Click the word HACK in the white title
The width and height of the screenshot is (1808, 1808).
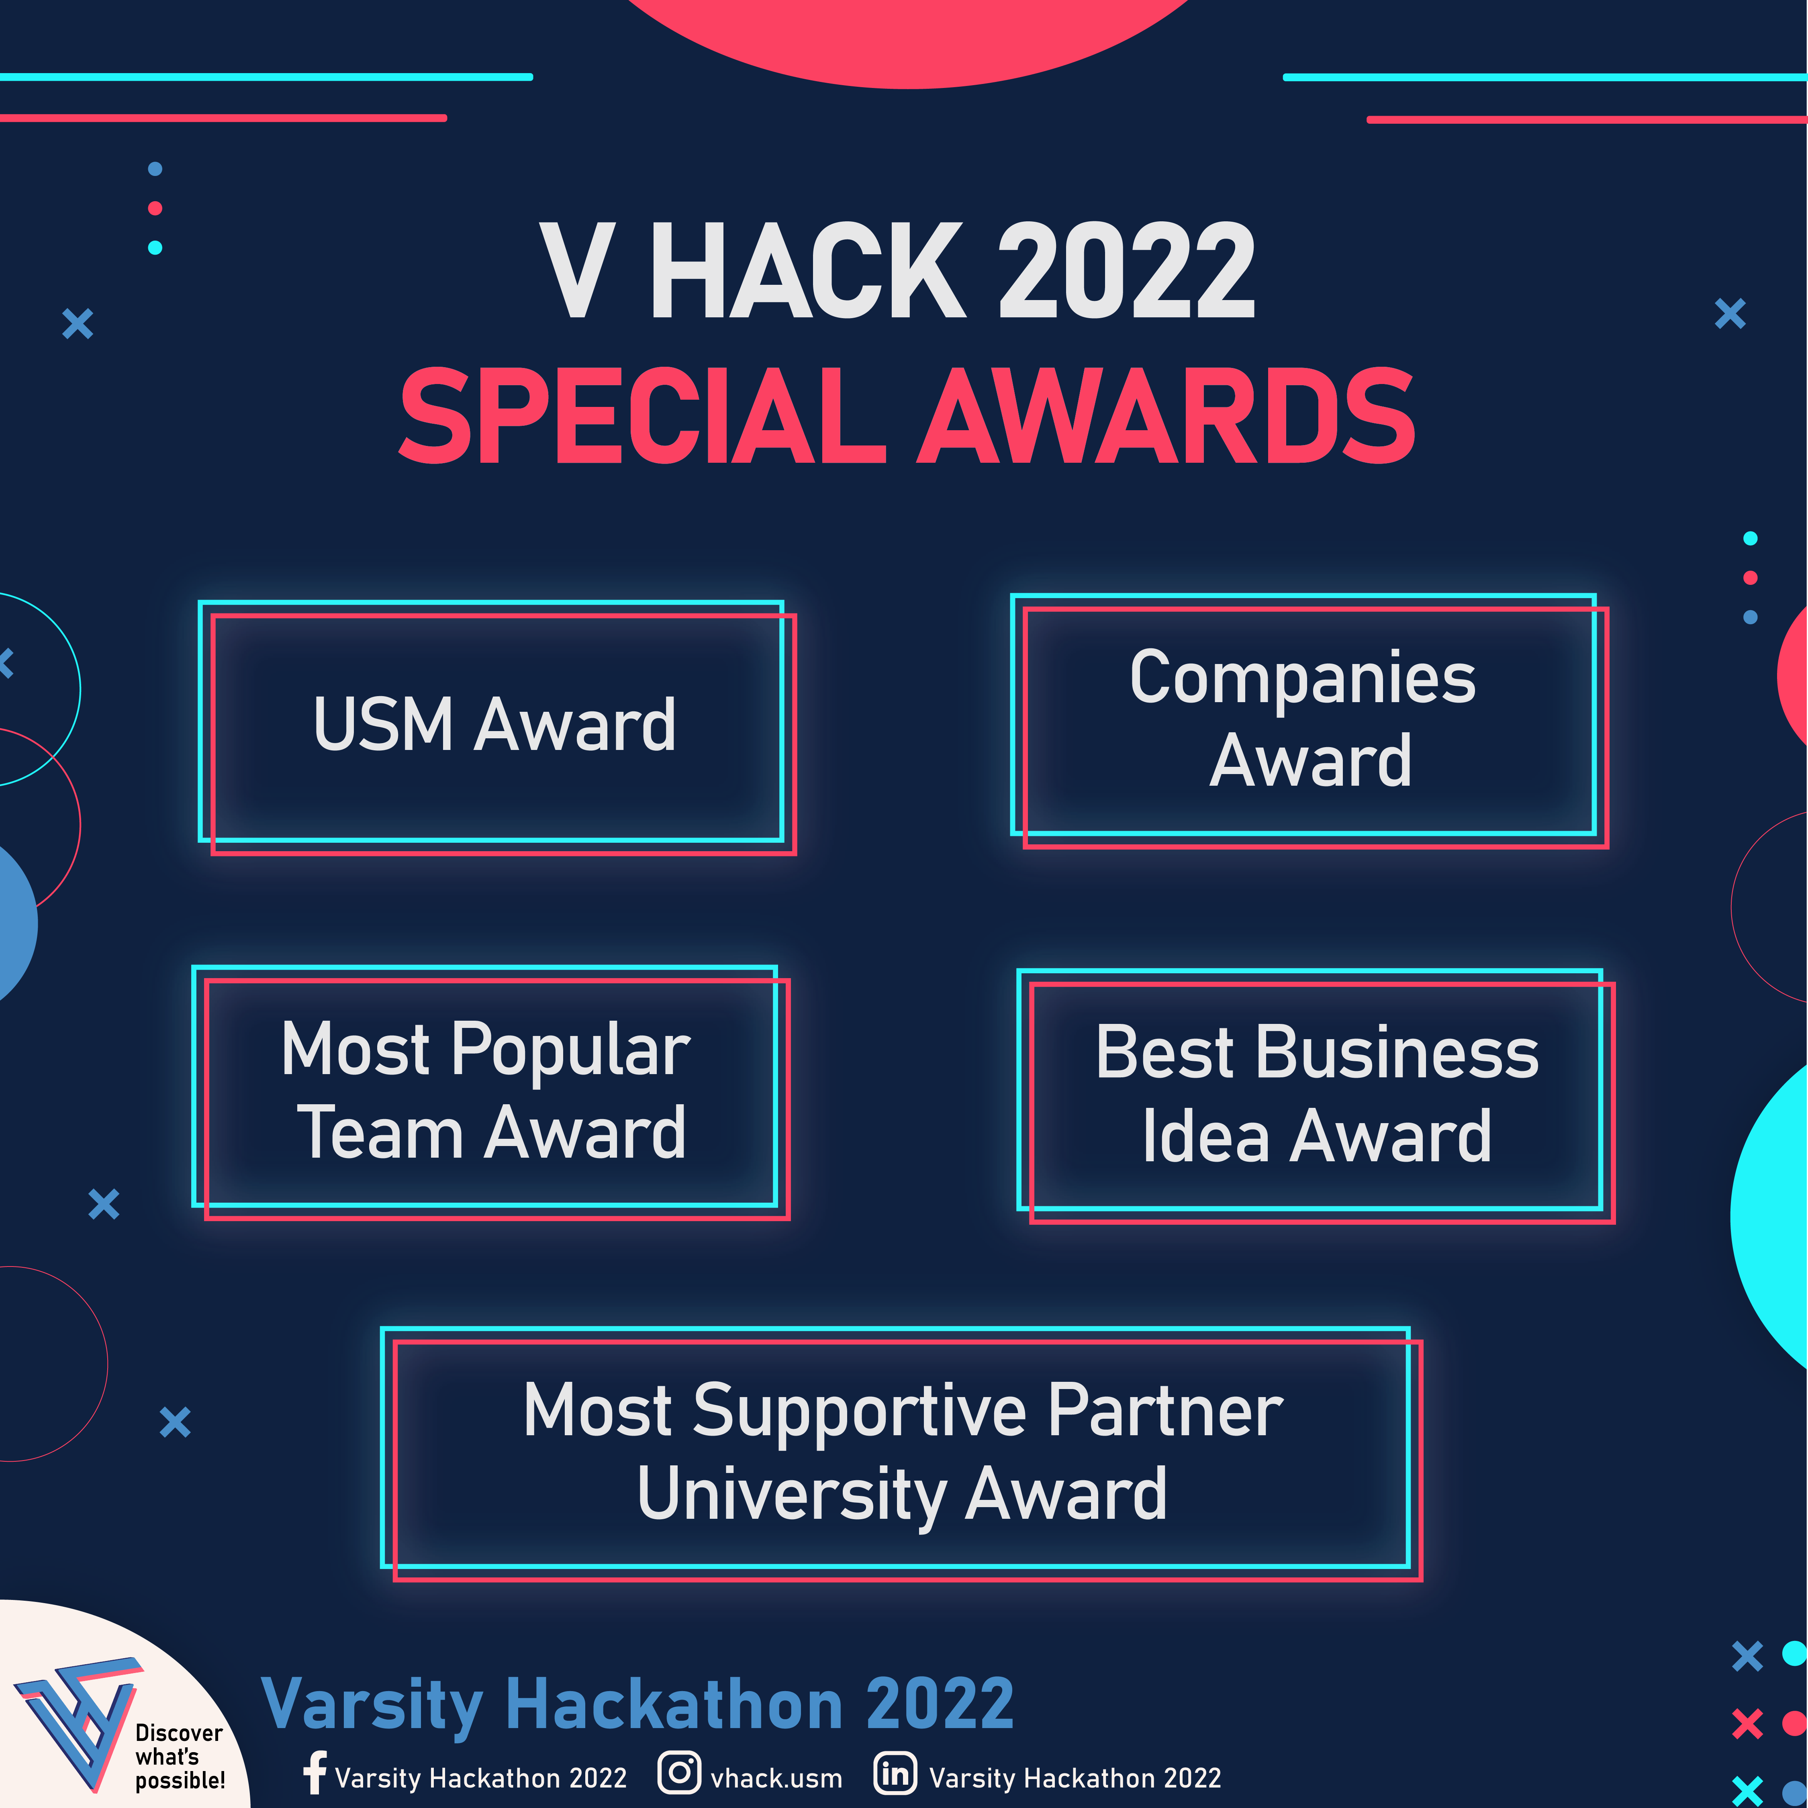coord(807,272)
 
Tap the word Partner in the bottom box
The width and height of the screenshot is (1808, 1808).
coord(1165,1410)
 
